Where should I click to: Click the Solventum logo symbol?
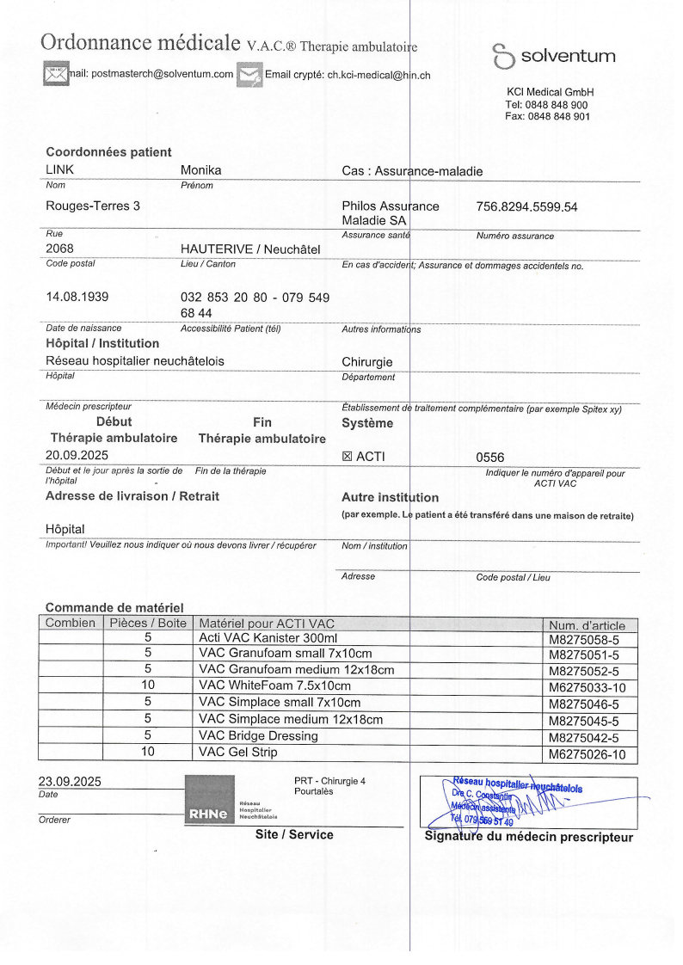(503, 57)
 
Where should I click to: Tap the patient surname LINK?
(60, 170)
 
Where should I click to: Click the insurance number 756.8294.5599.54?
(526, 206)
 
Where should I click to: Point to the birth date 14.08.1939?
(77, 297)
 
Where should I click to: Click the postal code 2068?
(59, 249)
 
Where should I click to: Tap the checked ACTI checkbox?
(348, 457)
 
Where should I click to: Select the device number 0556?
(489, 458)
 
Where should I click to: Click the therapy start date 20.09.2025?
(77, 455)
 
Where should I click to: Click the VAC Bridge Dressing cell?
(258, 736)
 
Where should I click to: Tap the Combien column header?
(71, 623)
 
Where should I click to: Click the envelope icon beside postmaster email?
(56, 74)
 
